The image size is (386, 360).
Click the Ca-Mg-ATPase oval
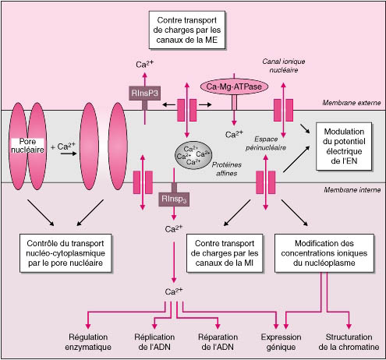234,86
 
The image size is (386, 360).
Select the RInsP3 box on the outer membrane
144,93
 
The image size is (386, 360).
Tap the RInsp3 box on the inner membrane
174,199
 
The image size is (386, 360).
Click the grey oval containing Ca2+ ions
193,155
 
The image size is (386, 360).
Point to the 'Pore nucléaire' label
27,146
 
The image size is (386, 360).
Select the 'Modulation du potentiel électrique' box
344,146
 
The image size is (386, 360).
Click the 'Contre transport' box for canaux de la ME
187,30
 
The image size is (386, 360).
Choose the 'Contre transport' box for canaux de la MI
225,253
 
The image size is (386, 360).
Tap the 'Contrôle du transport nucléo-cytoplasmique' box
66,253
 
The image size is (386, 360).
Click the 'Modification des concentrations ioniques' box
324,253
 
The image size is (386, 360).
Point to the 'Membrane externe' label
352,103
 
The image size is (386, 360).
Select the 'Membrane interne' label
352,190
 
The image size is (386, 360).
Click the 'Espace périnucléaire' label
266,143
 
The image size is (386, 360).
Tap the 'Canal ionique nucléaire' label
284,65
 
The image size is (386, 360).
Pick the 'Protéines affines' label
227,169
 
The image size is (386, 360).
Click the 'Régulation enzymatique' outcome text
88,342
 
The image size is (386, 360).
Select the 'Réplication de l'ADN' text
154,342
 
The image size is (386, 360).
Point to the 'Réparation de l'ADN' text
218,342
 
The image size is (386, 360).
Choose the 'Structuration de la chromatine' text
349,342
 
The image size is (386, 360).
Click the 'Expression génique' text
281,342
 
